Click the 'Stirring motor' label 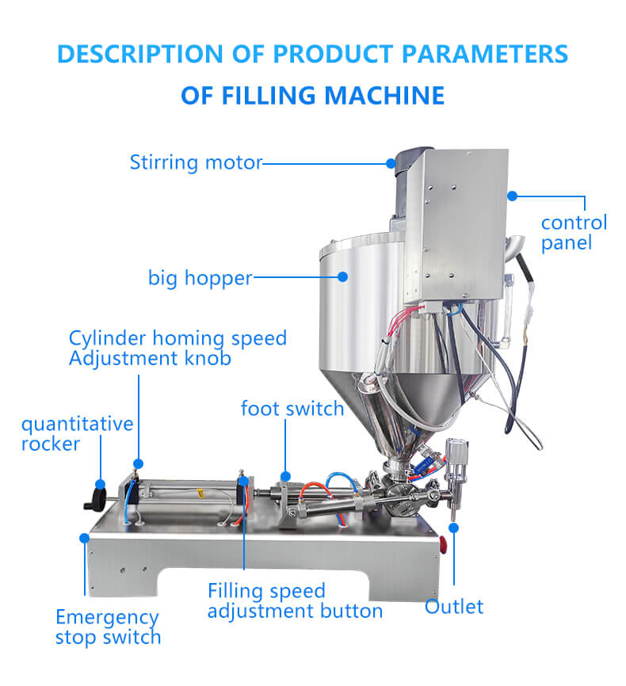tap(195, 163)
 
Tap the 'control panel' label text tap(574, 232)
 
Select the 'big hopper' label tap(200, 278)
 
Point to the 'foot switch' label tap(292, 409)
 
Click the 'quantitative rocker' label tap(77, 434)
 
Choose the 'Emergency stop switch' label tap(108, 627)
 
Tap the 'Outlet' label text tap(454, 608)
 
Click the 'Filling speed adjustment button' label tap(295, 601)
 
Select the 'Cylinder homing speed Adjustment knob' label tap(177, 349)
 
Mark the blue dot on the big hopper tap(343, 277)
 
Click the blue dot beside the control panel tap(512, 195)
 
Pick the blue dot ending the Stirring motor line tap(391, 163)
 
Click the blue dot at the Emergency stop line tap(84, 537)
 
